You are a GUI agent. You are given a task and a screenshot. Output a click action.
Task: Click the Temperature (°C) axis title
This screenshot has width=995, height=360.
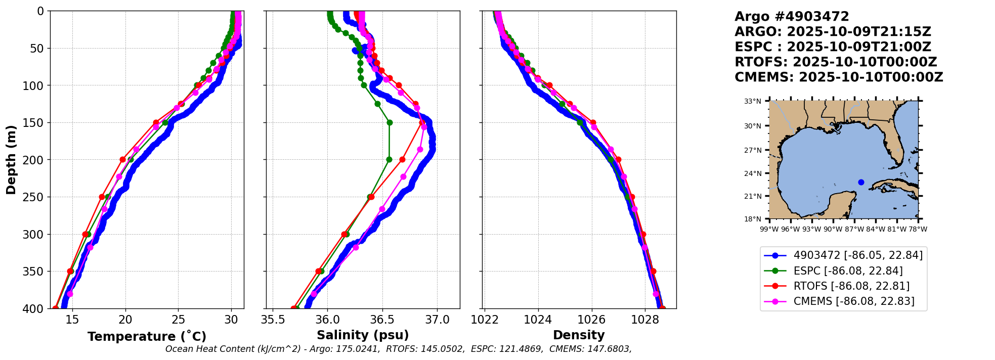(147, 336)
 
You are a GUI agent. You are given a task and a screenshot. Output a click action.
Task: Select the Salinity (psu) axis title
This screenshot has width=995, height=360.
(363, 335)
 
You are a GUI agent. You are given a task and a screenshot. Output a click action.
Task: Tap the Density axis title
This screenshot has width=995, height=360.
(579, 335)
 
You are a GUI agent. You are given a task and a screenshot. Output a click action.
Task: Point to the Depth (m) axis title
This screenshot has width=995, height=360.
(11, 160)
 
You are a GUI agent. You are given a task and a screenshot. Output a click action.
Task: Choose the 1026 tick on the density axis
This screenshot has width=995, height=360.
(591, 320)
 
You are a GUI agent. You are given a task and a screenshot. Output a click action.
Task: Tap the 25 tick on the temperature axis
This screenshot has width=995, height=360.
(179, 320)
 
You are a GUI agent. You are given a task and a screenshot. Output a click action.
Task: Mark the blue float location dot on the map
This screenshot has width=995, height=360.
(861, 182)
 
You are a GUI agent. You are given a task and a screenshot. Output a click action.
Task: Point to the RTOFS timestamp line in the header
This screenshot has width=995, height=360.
(836, 62)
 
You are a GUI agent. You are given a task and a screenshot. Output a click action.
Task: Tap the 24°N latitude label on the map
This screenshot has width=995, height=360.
(753, 173)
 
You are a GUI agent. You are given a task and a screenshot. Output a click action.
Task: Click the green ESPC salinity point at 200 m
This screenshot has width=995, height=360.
(389, 159)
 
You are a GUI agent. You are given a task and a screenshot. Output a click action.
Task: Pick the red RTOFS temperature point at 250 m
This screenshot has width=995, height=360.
(102, 197)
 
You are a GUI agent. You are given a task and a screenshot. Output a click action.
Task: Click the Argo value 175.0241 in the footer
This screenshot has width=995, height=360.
(360, 349)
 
